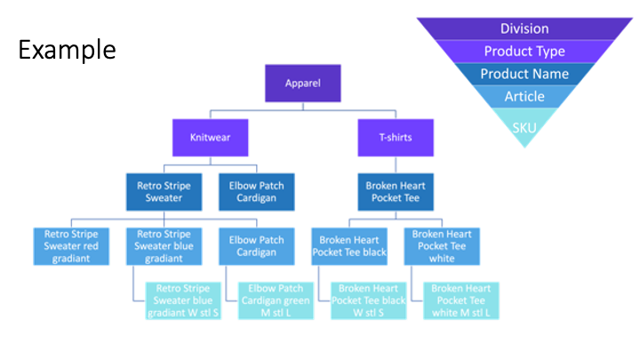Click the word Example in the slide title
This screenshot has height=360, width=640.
point(67,49)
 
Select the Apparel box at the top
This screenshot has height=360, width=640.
point(301,84)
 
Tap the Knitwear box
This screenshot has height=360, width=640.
point(209,139)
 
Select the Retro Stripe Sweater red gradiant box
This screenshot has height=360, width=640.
point(68,246)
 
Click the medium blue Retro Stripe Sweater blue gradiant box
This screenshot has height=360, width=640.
point(161,246)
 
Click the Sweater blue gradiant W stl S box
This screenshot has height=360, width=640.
point(184,300)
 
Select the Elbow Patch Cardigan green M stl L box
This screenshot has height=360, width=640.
point(276,300)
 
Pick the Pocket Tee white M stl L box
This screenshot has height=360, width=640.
point(461,300)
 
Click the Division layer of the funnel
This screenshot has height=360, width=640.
point(524,29)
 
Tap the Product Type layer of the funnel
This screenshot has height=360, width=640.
point(524,52)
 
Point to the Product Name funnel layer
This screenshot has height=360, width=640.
point(524,74)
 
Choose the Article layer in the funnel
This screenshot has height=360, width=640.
point(524,96)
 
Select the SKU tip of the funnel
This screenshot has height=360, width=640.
point(524,126)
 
